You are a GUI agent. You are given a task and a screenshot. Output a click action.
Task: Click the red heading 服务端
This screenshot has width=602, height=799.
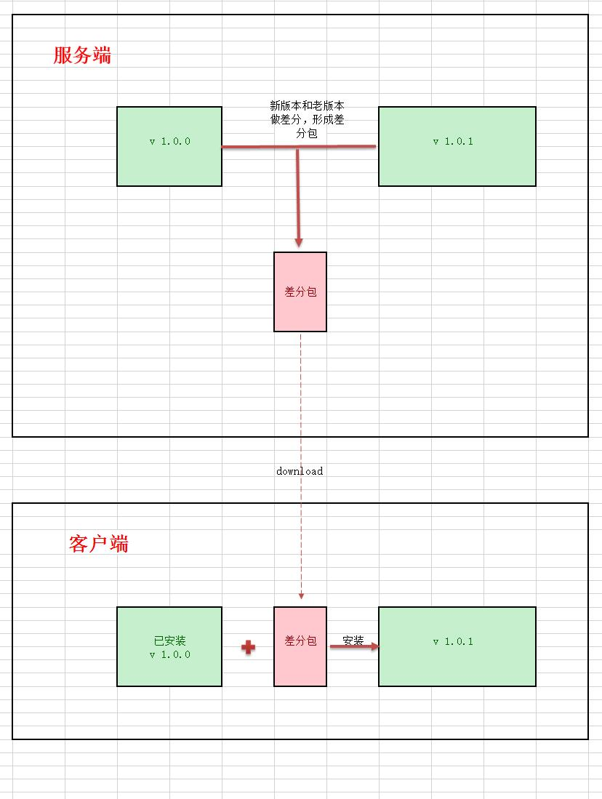pyautogui.click(x=82, y=55)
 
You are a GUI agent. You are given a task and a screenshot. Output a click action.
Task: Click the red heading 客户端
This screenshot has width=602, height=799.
pyautogui.click(x=99, y=544)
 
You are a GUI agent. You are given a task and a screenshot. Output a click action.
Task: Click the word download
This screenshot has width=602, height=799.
pyautogui.click(x=300, y=471)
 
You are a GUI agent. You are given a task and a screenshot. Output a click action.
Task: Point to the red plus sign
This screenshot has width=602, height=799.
pyautogui.click(x=248, y=647)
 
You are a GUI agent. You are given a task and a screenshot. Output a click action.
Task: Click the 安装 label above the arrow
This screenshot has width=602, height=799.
pyautogui.click(x=353, y=641)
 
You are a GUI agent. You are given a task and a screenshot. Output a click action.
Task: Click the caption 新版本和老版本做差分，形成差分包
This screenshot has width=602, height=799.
pyautogui.click(x=307, y=120)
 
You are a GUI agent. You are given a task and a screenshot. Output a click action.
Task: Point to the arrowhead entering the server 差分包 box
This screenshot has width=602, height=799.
pyautogui.click(x=298, y=242)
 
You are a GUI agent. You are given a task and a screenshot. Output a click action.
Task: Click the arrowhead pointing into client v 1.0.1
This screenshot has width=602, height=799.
pyautogui.click(x=374, y=646)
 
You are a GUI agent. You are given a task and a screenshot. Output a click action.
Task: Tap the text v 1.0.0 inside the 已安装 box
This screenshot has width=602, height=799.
pyautogui.click(x=169, y=654)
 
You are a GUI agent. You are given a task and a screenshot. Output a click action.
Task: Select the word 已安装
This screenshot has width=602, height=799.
pyautogui.click(x=169, y=641)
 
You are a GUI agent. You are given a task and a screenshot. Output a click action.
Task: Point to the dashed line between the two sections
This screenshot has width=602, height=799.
pyautogui.click(x=300, y=407)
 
